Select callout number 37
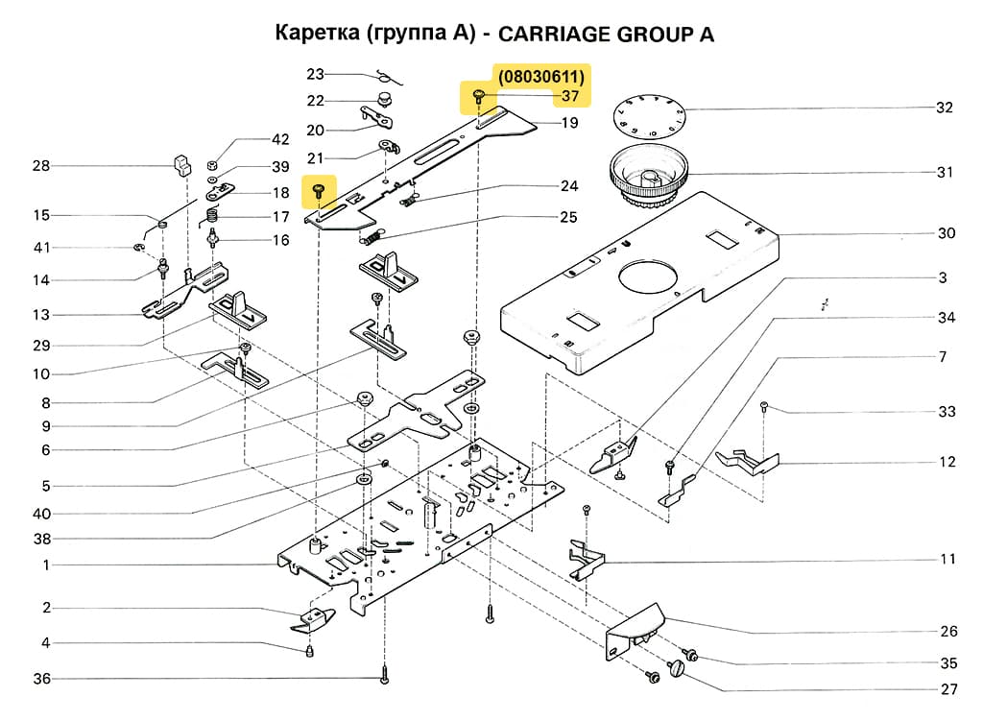[570, 96]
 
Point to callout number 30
[947, 233]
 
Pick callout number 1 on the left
[45, 565]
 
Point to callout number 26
[948, 631]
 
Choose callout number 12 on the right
[947, 462]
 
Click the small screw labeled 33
[763, 406]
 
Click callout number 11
[947, 559]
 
